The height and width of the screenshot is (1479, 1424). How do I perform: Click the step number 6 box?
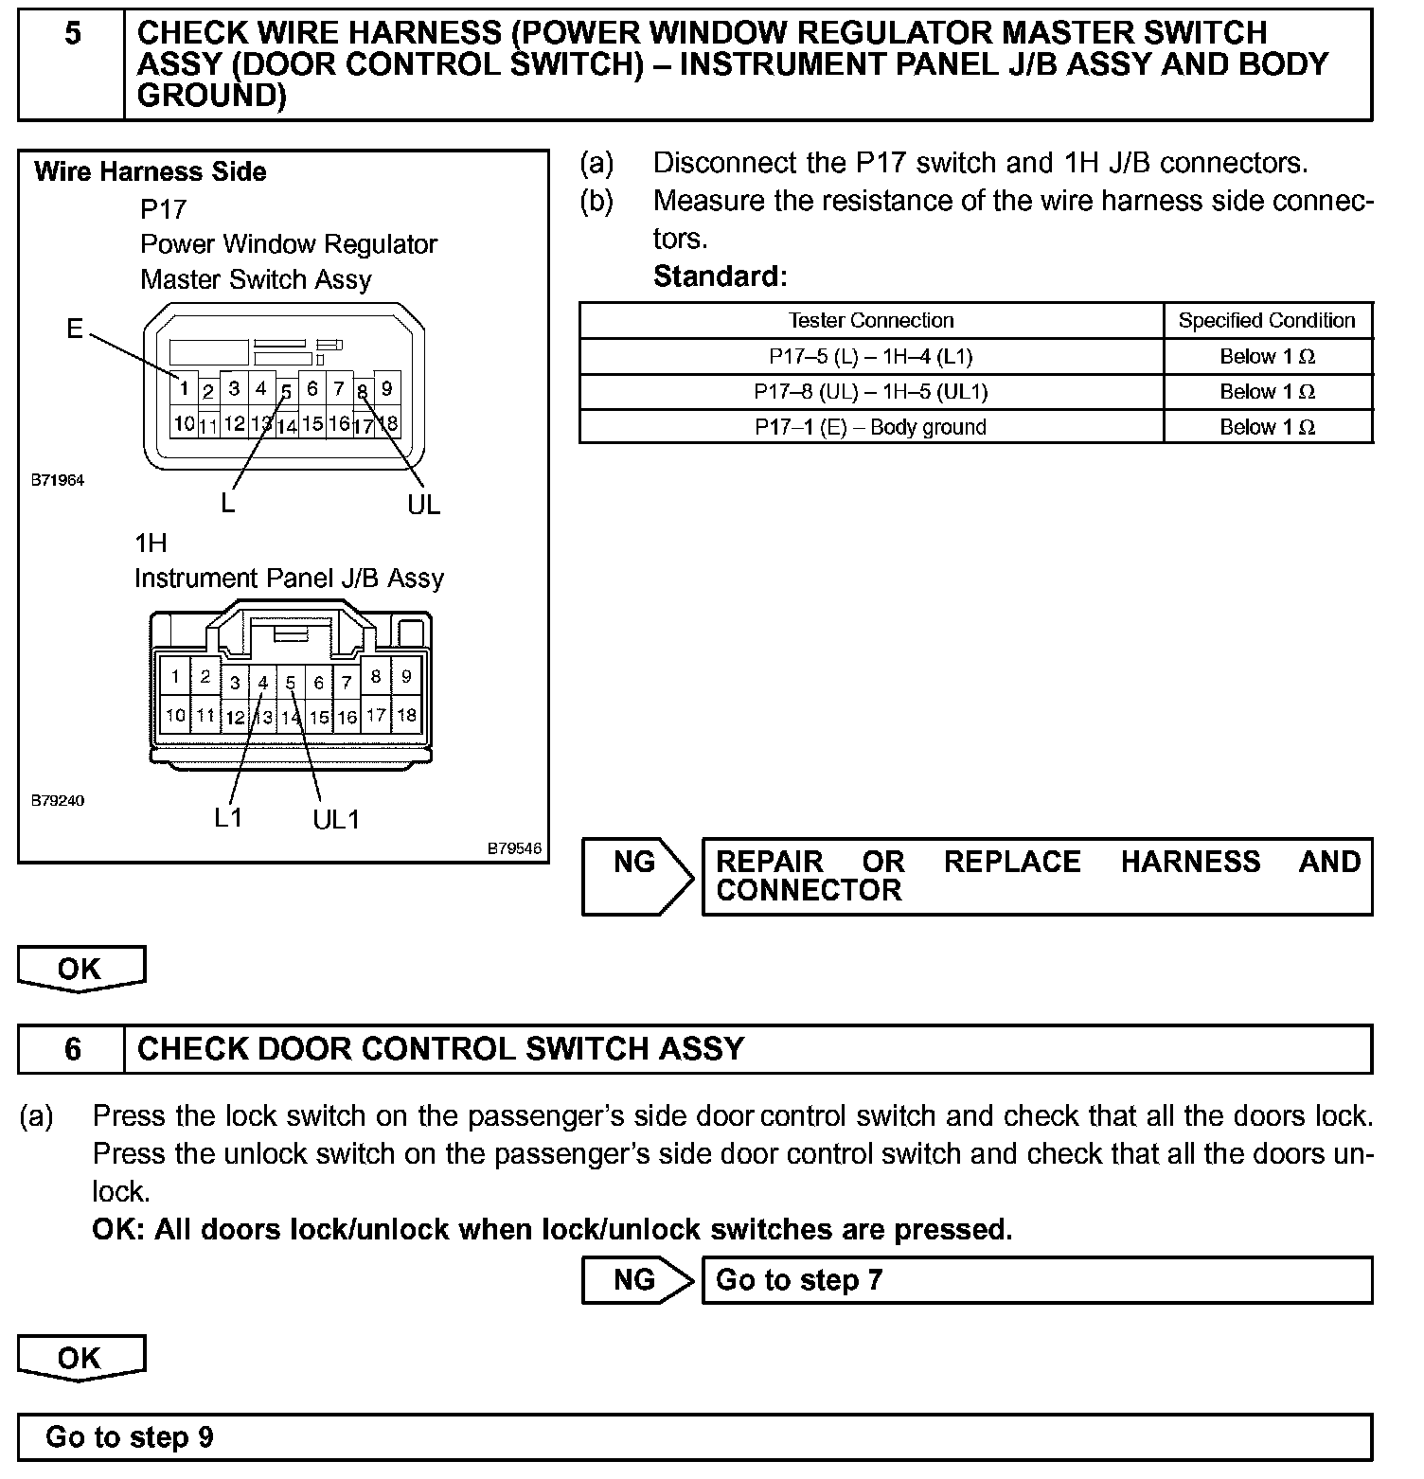pos(72,1049)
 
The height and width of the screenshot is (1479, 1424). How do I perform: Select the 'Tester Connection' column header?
pos(871,321)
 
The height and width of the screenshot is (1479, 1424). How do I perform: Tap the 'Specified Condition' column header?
pos(1267,321)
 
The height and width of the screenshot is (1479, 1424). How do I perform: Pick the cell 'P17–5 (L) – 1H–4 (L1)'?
pos(871,357)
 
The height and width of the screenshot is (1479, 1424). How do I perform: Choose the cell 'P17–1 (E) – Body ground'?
pos(871,427)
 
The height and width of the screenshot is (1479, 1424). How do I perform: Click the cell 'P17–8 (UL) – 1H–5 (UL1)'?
pos(871,392)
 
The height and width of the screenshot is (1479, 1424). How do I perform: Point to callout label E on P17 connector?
pos(75,329)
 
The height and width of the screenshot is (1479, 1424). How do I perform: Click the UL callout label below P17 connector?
pos(423,505)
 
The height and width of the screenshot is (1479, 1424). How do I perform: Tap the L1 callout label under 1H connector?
pos(228,818)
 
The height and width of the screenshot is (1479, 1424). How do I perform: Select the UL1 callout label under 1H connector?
pos(336,820)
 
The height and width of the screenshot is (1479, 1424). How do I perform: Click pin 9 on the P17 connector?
pos(386,388)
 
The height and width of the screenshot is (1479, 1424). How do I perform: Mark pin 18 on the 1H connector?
pos(406,715)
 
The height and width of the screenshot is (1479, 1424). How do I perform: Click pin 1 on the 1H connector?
pos(175,677)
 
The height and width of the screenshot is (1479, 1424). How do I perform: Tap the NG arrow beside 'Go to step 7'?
pos(637,1280)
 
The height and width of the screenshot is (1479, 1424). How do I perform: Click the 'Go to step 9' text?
pos(130,1437)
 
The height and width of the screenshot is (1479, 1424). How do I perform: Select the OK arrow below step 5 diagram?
pos(80,969)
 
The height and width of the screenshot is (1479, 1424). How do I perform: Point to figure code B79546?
pos(514,848)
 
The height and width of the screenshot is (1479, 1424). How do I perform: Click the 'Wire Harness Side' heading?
pos(151,172)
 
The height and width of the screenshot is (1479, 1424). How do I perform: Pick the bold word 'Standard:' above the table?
pos(720,276)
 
